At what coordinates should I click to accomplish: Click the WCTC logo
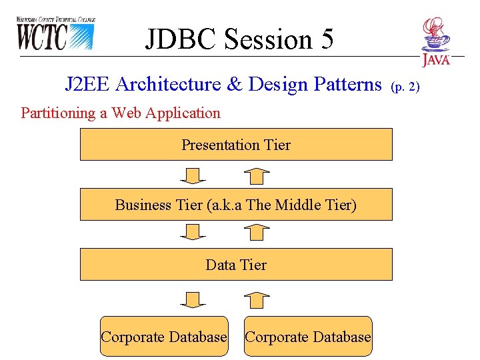tap(55, 33)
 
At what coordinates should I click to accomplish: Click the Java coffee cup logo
tap(436, 41)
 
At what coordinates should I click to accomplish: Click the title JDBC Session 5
tap(239, 39)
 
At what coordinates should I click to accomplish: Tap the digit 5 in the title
tap(326, 39)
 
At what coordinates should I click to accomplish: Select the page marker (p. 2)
tap(405, 86)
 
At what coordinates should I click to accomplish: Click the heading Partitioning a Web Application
tap(121, 113)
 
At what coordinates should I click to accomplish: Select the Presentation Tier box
tap(236, 145)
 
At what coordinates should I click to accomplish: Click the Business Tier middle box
tap(236, 205)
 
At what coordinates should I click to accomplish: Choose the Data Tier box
tap(236, 265)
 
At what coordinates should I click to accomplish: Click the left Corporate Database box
tap(164, 337)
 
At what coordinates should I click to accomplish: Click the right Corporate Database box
tap(308, 337)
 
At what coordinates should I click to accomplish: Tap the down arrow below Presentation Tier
tap(193, 175)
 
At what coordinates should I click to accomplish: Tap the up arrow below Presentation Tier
tap(257, 175)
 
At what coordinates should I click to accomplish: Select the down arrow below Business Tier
tap(193, 232)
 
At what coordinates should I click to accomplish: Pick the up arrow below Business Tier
tap(257, 232)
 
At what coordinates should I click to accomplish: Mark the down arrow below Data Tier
tap(193, 300)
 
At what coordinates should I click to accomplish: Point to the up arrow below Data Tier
tap(257, 300)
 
